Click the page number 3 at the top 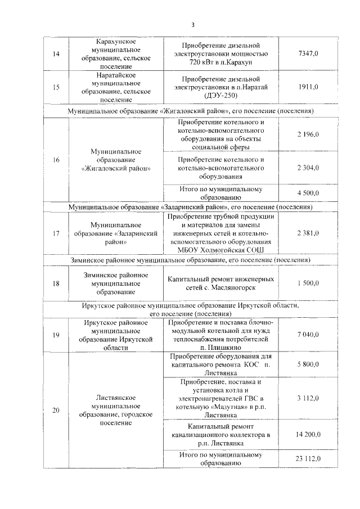coord(192,25)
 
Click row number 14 coord(56,53)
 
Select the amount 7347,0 coord(308,53)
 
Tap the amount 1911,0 coord(308,87)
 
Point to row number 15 coord(56,87)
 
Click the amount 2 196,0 coord(308,135)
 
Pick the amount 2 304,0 coord(308,168)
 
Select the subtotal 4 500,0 coord(308,193)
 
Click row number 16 coord(56,160)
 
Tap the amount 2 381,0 coord(308,233)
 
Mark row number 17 coord(56,233)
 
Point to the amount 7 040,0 coord(308,335)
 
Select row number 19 coord(56,335)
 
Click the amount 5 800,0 coord(308,364)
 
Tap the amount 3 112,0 coord(308,398)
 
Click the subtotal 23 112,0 coord(308,459)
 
